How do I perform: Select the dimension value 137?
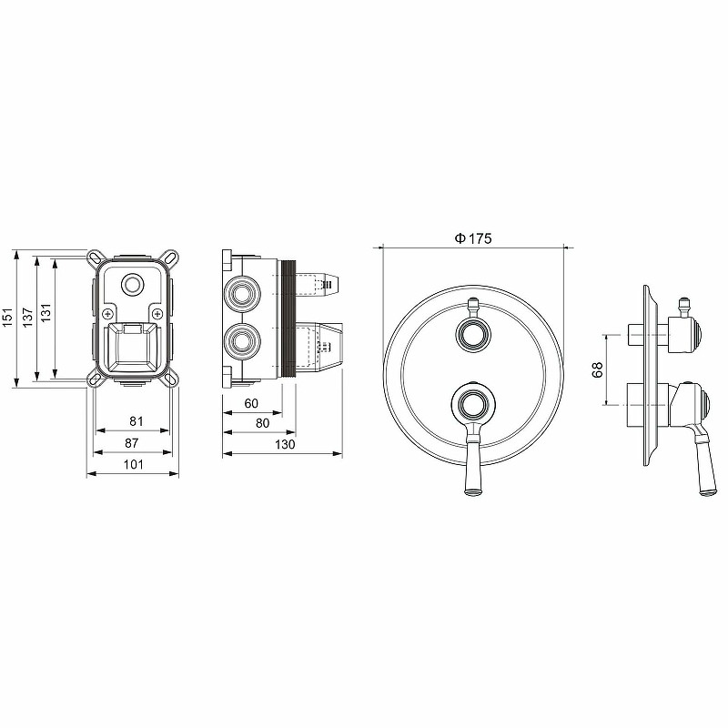(28, 317)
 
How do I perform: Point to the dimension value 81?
(136, 421)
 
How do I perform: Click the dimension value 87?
(132, 443)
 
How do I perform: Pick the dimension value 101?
(134, 464)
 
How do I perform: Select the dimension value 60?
(251, 403)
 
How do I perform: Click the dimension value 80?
(263, 423)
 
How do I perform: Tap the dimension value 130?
(285, 444)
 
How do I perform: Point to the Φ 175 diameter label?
(472, 238)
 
